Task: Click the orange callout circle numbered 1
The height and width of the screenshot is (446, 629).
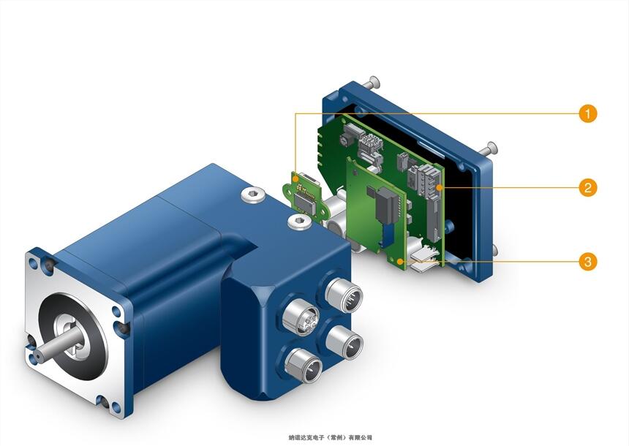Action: [588, 113]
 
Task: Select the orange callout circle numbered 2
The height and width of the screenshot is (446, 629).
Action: [588, 187]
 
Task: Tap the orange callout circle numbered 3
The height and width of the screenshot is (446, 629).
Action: [588, 262]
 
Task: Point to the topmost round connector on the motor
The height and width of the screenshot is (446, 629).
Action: [344, 295]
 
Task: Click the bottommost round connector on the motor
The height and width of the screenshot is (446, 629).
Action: [304, 366]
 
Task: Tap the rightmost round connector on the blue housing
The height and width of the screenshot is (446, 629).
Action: [344, 342]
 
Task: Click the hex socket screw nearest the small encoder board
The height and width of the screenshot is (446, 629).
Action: [300, 222]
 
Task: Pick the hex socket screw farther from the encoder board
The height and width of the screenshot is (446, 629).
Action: [254, 195]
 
